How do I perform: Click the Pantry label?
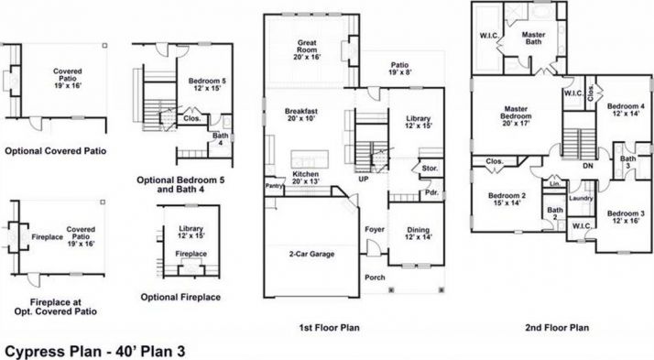pyautogui.click(x=274, y=185)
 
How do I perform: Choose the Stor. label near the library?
pyautogui.click(x=429, y=169)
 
